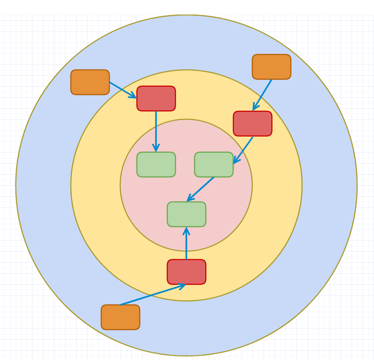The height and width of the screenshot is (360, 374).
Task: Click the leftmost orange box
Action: [x=90, y=82]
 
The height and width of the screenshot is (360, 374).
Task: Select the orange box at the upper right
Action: [x=271, y=67]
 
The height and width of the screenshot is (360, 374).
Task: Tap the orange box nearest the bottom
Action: [x=120, y=317]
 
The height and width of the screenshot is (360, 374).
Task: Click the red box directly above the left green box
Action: [x=156, y=99]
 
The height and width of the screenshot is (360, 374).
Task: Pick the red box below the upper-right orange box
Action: [x=252, y=124]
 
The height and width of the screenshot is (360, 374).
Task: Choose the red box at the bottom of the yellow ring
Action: [x=186, y=272]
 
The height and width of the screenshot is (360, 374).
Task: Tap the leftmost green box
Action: [x=156, y=165]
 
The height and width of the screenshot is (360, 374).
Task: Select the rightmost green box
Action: [x=214, y=165]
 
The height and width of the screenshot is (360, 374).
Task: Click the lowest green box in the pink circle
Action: [x=186, y=214]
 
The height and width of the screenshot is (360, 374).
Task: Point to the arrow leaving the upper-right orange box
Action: [x=263, y=95]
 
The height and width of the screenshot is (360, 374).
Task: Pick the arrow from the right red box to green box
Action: [x=243, y=150]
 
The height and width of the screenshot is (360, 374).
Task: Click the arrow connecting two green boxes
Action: [x=200, y=189]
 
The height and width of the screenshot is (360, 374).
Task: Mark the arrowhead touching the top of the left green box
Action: [x=156, y=149]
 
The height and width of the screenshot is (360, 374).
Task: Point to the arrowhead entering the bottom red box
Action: [x=181, y=286]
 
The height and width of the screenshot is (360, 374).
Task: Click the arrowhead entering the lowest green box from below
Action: [x=186, y=230]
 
